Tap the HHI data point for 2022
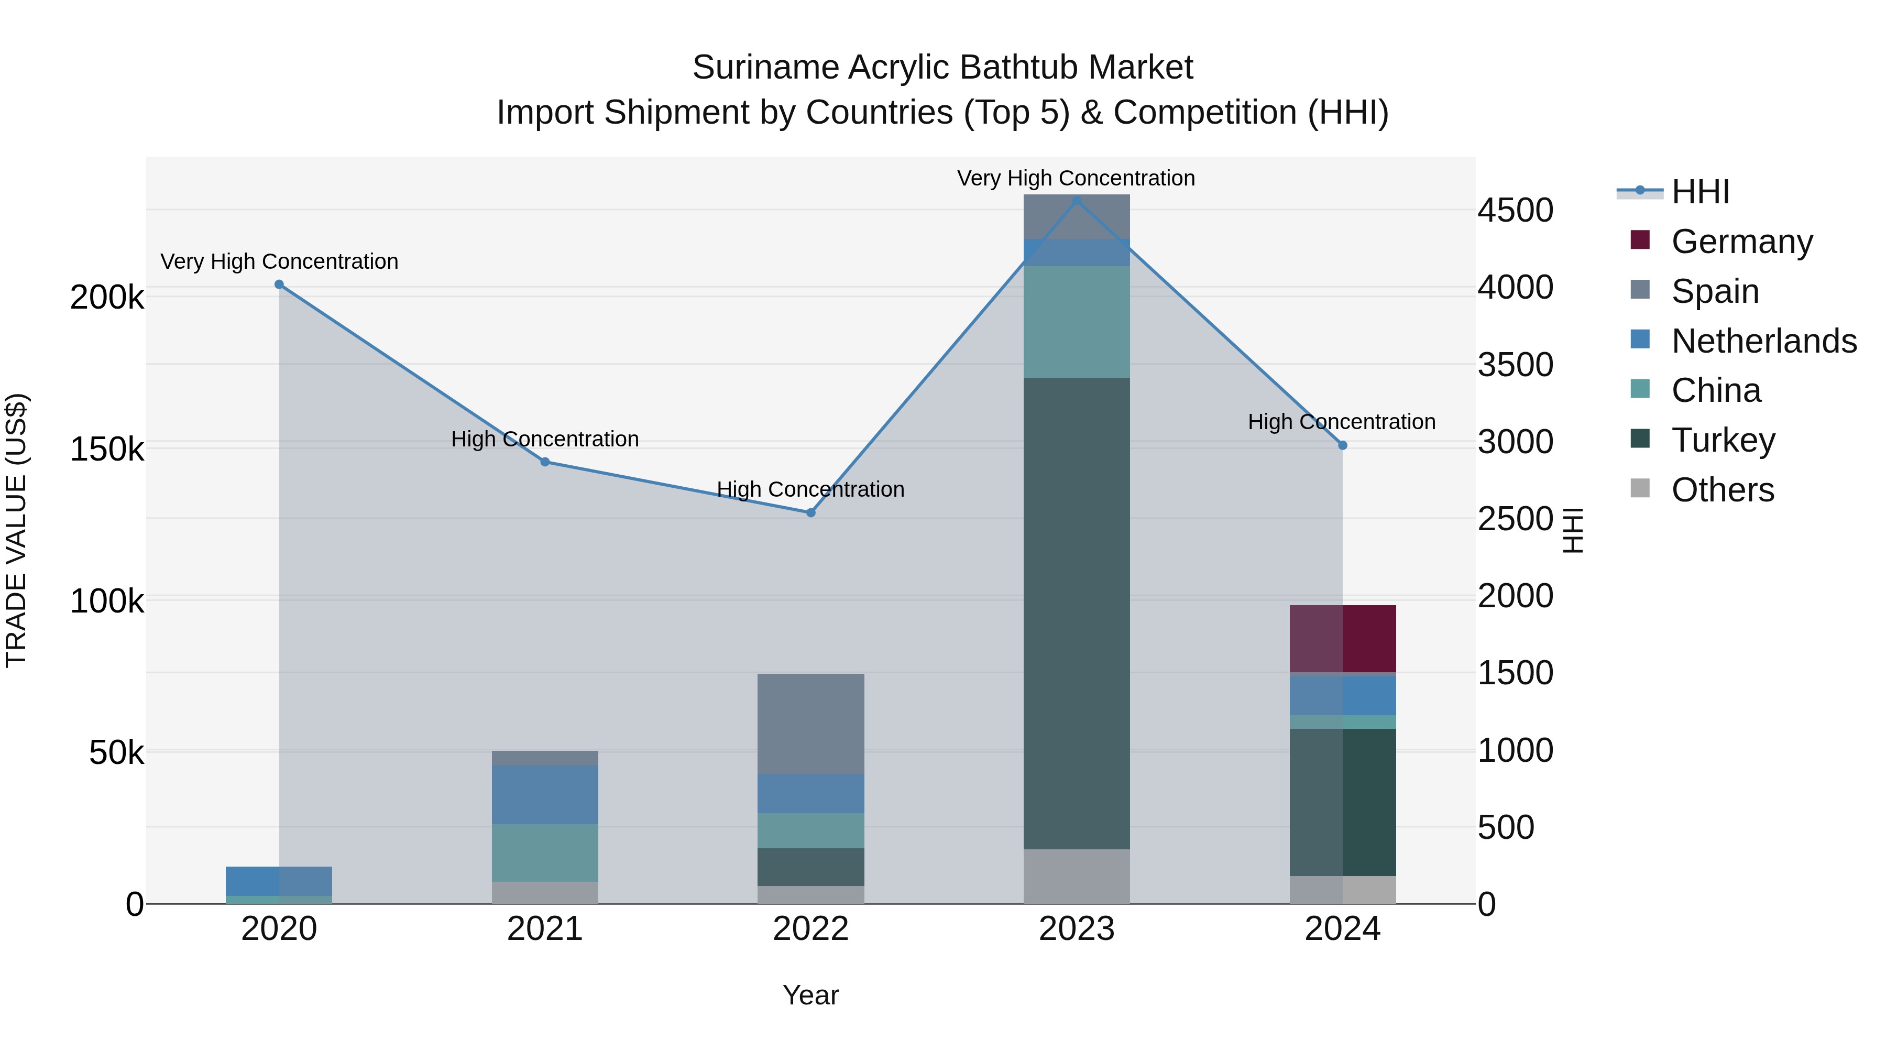(x=810, y=512)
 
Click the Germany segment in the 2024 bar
(x=1342, y=639)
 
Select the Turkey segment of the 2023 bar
(x=1076, y=614)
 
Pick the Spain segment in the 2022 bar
(x=810, y=724)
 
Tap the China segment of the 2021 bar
(x=545, y=852)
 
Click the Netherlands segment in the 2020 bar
(x=279, y=881)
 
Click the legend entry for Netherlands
(x=1763, y=341)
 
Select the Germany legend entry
(x=1741, y=242)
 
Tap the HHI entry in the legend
(x=1700, y=192)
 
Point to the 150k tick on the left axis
(x=107, y=449)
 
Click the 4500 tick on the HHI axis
(x=1515, y=210)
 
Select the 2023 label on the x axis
(x=1076, y=929)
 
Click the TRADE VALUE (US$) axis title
(x=17, y=530)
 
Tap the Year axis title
(x=810, y=995)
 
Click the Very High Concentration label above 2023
(x=1076, y=178)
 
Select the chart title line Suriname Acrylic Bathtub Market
(x=942, y=68)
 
